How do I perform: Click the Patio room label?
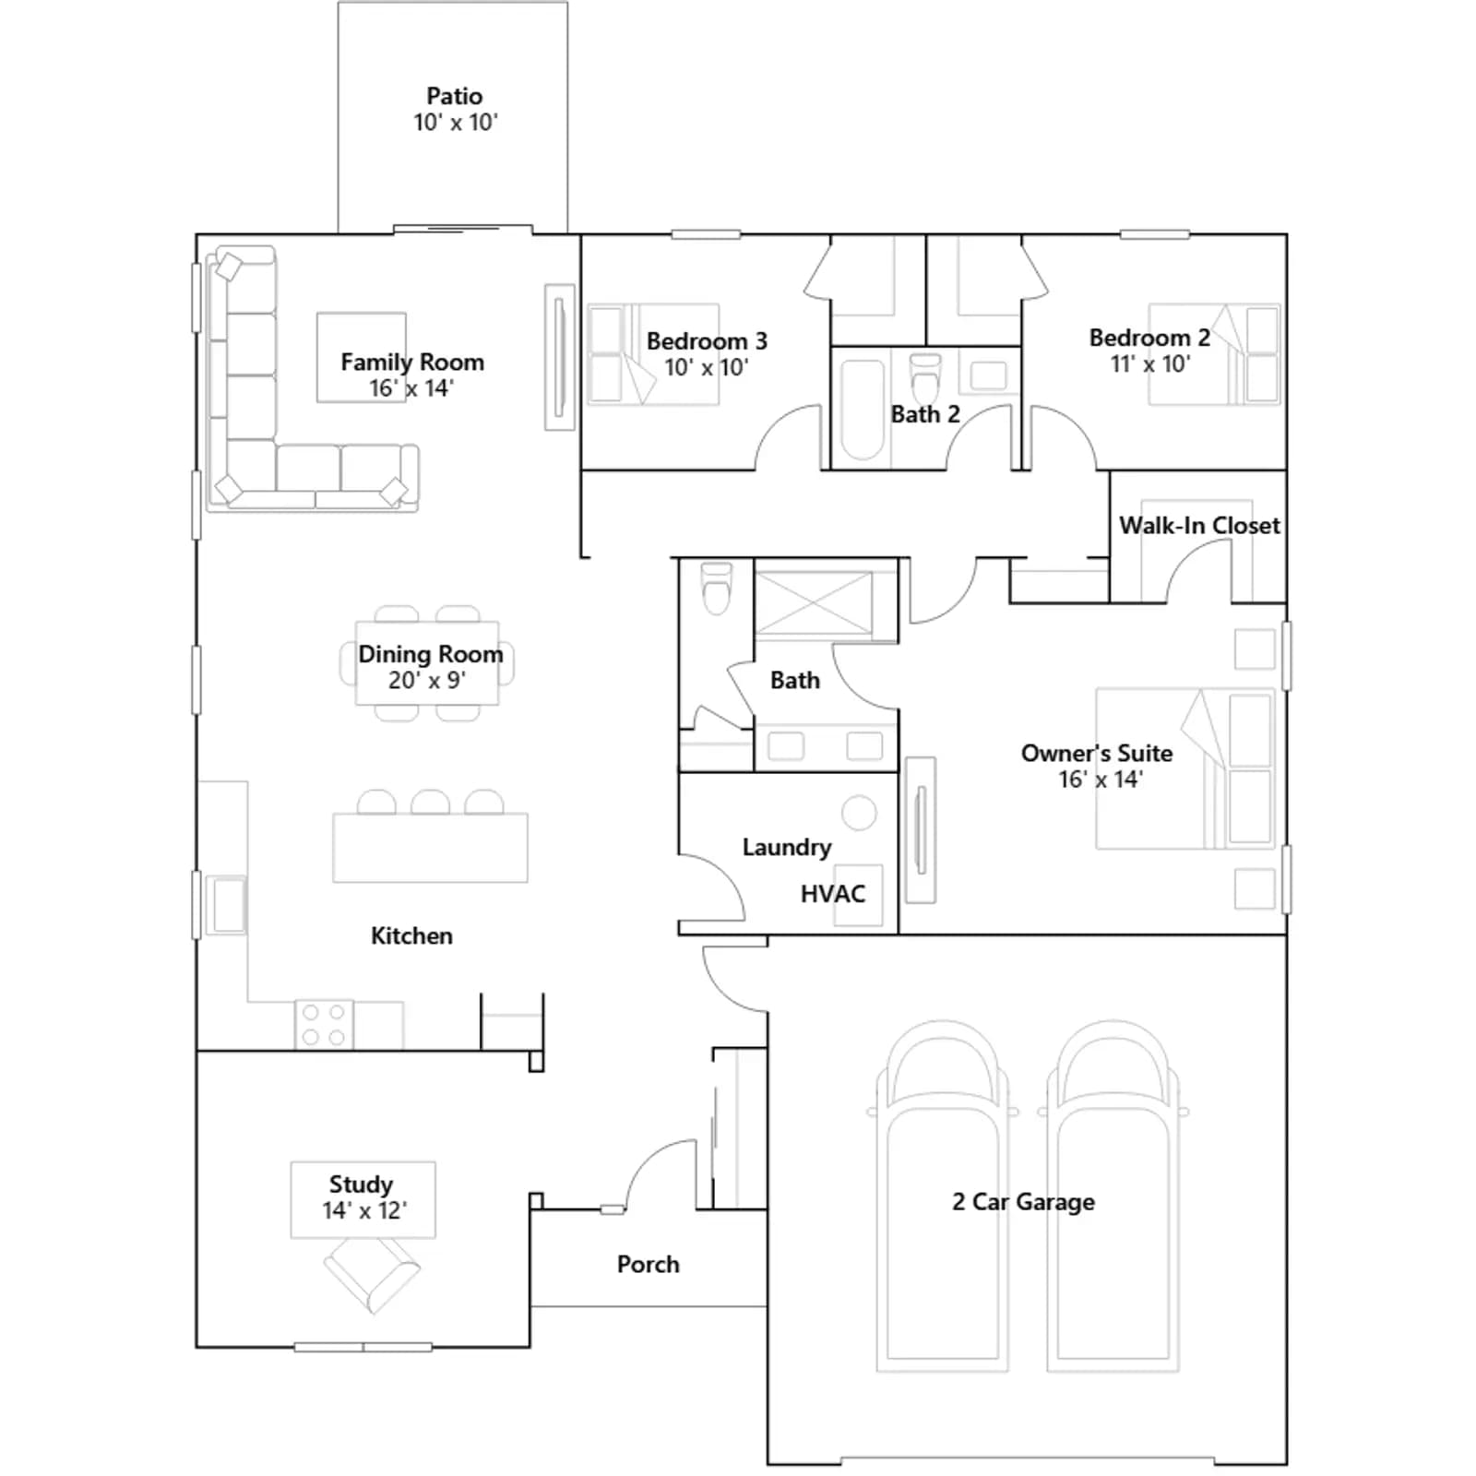pos(454,96)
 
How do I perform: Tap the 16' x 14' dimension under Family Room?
pos(411,388)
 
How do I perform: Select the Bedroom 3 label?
pos(707,341)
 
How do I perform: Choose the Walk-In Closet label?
pos(1199,526)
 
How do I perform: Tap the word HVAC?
pos(833,894)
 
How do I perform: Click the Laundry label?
pos(787,847)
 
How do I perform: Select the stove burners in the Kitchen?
pos(324,1025)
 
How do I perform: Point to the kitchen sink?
pos(225,905)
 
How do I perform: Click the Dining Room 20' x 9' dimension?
pos(427,681)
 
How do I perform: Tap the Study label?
pos(361,1184)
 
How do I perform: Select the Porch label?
pos(648,1264)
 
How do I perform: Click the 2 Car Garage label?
pos(1023,1202)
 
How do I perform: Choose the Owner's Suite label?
pos(1097,754)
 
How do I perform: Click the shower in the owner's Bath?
pos(814,603)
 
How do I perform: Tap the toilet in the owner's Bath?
pos(716,589)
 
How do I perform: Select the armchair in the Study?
pos(372,1274)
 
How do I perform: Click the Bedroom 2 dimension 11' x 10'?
pos(1150,363)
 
